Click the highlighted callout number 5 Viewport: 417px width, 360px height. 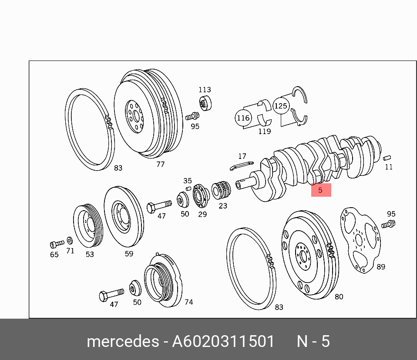coord(321,190)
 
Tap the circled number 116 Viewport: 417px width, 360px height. coord(243,118)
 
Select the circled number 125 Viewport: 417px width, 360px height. coord(281,106)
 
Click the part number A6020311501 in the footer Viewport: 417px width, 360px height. coord(223,341)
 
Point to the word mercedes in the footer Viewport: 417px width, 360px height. coord(123,341)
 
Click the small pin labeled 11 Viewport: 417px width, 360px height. coord(387,158)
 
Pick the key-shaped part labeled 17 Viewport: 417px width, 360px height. coord(242,165)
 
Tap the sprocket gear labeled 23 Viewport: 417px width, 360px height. coord(221,189)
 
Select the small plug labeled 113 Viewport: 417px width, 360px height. coord(205,103)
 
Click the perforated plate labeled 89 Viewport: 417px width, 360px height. coord(360,240)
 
